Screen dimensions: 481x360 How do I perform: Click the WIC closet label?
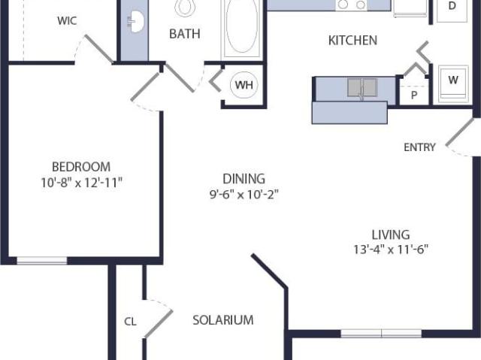tap(67, 21)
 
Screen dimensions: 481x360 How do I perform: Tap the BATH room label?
tap(185, 34)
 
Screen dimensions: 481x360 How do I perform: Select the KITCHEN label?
tap(352, 41)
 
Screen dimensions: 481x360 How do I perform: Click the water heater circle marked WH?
tap(244, 85)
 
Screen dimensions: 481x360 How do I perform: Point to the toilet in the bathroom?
tap(184, 7)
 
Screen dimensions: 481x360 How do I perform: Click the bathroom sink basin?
tap(135, 21)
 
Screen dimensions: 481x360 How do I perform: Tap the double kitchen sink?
tap(362, 87)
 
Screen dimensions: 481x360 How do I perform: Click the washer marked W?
tap(453, 83)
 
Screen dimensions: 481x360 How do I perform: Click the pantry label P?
tap(414, 95)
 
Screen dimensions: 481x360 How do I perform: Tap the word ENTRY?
tap(419, 147)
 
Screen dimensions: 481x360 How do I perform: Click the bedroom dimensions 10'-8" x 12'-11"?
tap(82, 183)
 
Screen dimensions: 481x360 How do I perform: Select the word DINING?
tap(244, 179)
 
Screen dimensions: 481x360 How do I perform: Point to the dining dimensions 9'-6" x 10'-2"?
tap(244, 195)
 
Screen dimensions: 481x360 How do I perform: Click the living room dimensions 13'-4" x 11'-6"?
tap(391, 250)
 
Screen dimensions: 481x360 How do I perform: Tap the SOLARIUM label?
tap(223, 320)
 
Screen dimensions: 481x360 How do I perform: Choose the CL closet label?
tap(130, 322)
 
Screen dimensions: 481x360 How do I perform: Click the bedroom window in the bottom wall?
tap(42, 261)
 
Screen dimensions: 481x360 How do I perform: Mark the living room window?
tap(381, 334)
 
